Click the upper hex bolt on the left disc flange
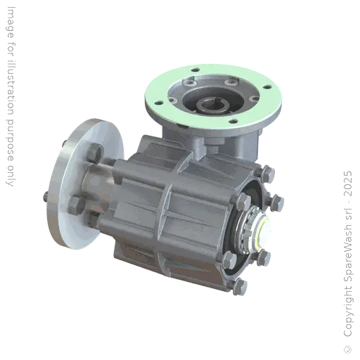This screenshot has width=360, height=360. (x=95, y=153)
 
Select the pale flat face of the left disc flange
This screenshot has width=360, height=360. (x=70, y=176)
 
